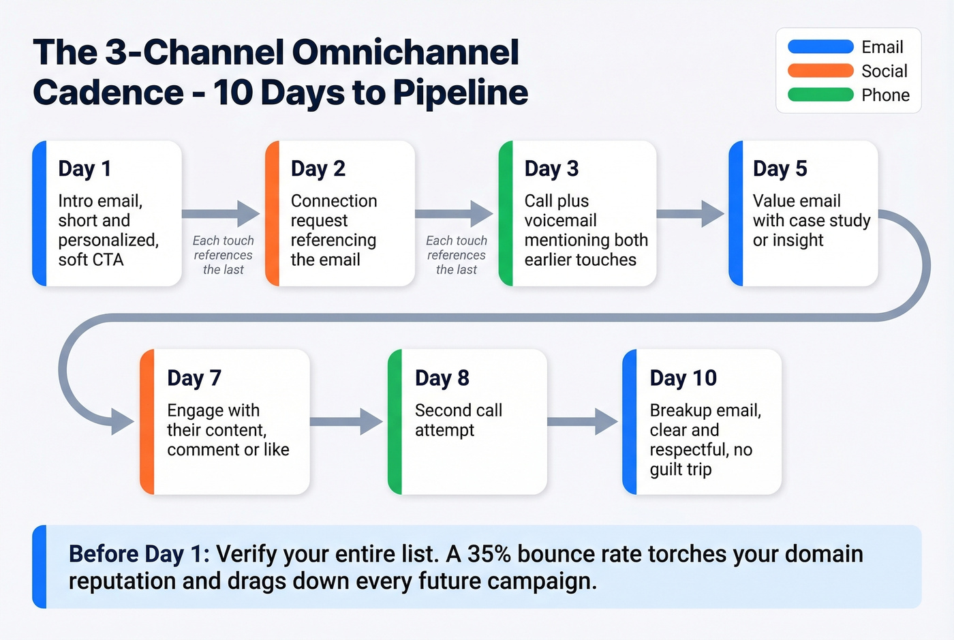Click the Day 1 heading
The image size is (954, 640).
[x=84, y=168]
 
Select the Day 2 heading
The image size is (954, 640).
[x=318, y=168]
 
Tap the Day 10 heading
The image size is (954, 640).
[x=683, y=378]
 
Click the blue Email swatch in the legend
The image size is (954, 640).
[x=820, y=47]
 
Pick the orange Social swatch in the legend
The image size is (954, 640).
[x=820, y=71]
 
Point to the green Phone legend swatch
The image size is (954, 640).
[x=820, y=95]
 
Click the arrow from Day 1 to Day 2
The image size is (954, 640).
[x=221, y=214]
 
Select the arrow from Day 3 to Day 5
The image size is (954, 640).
[x=690, y=214]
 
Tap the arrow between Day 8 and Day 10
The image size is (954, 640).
[x=583, y=422]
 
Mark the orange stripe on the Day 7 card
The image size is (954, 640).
[x=147, y=422]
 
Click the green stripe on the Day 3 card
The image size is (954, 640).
[x=506, y=214]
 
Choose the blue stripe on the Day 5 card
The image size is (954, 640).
[x=736, y=214]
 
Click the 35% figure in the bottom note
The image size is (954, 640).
[x=489, y=554]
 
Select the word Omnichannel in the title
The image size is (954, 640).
[x=405, y=52]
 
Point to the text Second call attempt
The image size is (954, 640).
[x=458, y=420]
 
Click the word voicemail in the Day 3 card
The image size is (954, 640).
[x=560, y=220]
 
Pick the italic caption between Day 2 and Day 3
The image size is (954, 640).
[x=456, y=255]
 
